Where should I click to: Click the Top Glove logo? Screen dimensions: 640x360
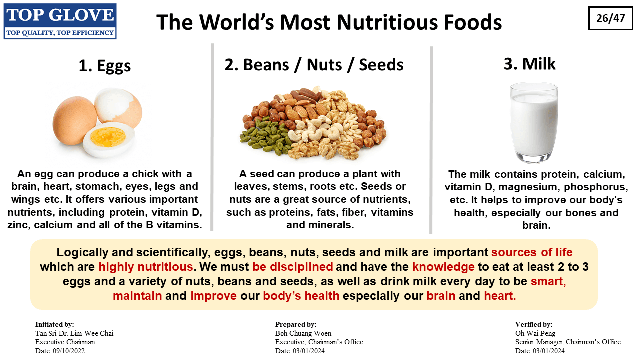60,21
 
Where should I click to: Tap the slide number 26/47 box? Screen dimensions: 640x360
611,18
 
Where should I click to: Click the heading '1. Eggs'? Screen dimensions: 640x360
105,65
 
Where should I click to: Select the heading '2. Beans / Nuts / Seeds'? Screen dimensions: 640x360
314,65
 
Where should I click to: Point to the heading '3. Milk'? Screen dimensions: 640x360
529,64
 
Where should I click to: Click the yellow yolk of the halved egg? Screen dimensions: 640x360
108,137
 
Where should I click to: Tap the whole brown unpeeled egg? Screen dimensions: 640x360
75,120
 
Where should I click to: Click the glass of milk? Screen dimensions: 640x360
534,123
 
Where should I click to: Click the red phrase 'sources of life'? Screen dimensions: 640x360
532,252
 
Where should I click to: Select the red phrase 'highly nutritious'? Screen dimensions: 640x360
146,267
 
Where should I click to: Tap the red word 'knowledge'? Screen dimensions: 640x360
443,267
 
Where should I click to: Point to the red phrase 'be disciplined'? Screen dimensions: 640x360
293,267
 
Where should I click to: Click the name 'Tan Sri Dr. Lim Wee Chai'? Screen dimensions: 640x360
74,333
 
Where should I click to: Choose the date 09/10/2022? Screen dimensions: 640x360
69,351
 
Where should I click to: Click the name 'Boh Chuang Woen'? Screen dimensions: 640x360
303,333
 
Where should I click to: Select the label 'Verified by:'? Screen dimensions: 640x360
534,324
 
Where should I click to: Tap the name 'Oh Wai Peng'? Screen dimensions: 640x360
535,333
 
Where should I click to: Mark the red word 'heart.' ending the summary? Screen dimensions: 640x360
500,296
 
